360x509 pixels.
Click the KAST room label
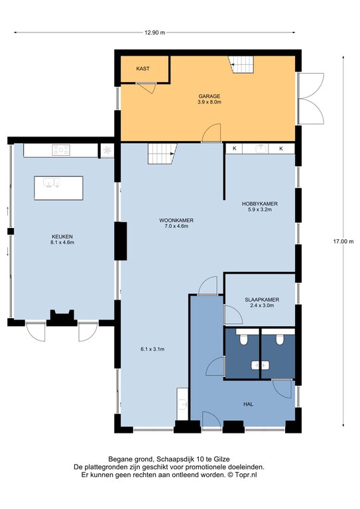(x=143, y=68)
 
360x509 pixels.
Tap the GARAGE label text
(x=210, y=96)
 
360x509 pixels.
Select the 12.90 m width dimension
(x=154, y=32)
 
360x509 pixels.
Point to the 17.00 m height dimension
(x=343, y=241)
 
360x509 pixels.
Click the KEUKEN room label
(x=62, y=237)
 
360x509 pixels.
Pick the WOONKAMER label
(x=176, y=221)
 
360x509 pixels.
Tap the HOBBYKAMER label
(x=260, y=204)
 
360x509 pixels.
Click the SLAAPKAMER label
(x=262, y=300)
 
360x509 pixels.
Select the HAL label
(x=249, y=404)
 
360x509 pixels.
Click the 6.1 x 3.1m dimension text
(x=152, y=349)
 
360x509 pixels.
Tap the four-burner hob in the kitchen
(x=61, y=150)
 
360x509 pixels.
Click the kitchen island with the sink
(x=59, y=188)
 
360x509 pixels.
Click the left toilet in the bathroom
(x=243, y=339)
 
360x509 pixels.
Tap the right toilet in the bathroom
(x=280, y=339)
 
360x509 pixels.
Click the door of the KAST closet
(x=147, y=87)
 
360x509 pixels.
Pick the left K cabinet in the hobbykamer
(x=235, y=148)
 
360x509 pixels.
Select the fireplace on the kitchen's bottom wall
(x=62, y=318)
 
